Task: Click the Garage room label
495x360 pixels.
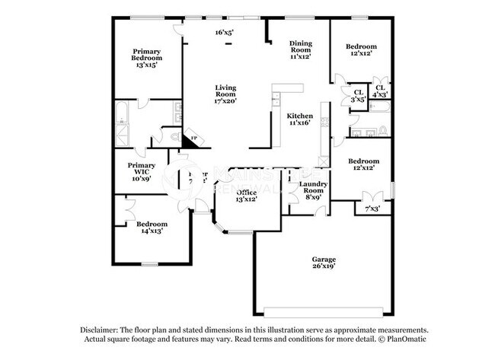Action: click(x=323, y=260)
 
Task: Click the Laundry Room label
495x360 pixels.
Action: click(x=313, y=187)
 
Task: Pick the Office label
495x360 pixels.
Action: click(x=246, y=193)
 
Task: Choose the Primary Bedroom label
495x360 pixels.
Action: click(x=145, y=55)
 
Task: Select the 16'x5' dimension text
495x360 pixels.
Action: click(x=224, y=32)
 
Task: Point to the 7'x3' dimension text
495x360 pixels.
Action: click(x=372, y=208)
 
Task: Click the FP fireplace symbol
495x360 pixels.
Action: click(x=194, y=139)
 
